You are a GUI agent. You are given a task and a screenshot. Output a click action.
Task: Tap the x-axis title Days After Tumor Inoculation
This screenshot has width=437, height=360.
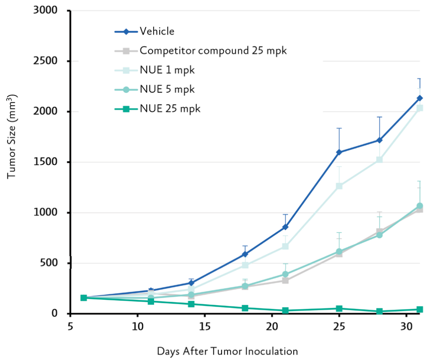point(227,351)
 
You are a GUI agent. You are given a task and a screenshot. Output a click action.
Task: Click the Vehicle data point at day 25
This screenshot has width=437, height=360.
point(339,152)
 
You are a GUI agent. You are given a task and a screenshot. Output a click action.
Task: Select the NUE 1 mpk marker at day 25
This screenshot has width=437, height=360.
point(339,186)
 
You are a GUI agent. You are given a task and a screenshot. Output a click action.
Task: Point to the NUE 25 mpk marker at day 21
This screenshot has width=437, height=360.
point(285,311)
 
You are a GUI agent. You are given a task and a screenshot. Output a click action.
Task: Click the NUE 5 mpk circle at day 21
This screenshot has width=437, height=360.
point(285,274)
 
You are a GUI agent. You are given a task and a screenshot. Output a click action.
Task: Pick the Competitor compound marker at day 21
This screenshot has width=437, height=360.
point(285,280)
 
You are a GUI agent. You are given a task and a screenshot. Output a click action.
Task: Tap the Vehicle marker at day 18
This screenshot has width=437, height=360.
point(245,254)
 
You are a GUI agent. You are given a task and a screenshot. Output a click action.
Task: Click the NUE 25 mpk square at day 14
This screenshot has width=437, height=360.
point(191,304)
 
